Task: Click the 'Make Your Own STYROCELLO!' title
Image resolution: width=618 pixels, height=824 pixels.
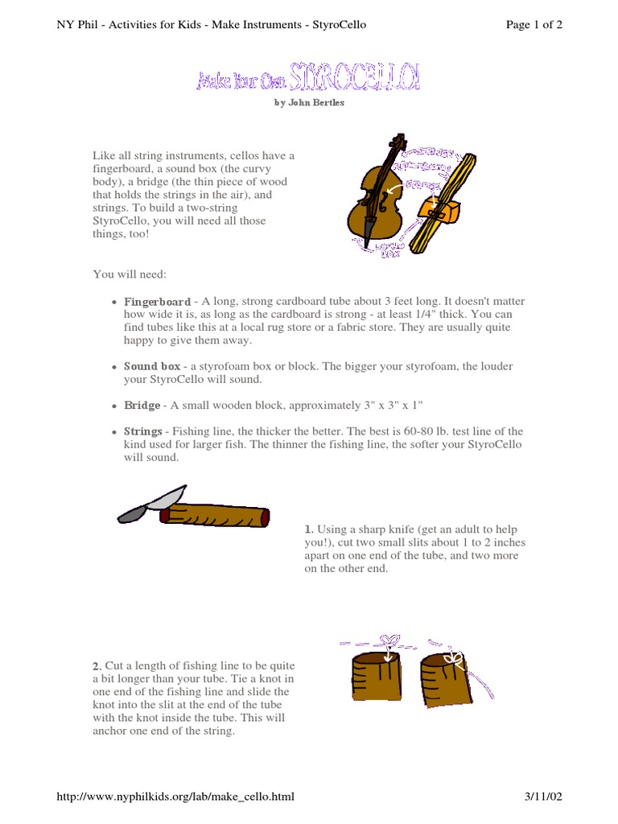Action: [308, 80]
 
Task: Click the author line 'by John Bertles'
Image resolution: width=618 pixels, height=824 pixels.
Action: [309, 103]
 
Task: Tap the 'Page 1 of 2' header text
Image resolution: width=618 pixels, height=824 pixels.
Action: [534, 24]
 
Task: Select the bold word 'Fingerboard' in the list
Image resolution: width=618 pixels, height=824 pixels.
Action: [157, 301]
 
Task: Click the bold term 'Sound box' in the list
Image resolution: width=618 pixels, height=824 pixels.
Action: [152, 366]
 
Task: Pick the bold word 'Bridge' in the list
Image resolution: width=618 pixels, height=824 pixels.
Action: [142, 406]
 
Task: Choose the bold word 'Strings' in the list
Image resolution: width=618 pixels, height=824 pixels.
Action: [143, 431]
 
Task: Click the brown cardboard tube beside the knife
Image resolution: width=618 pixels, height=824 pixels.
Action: [216, 516]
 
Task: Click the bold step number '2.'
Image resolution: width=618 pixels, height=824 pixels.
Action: [97, 666]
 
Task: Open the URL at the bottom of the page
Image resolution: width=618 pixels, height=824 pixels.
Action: [175, 797]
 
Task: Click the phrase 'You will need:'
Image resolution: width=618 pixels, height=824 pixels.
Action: [130, 274]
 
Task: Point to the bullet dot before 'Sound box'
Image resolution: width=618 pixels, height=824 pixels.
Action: [115, 367]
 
